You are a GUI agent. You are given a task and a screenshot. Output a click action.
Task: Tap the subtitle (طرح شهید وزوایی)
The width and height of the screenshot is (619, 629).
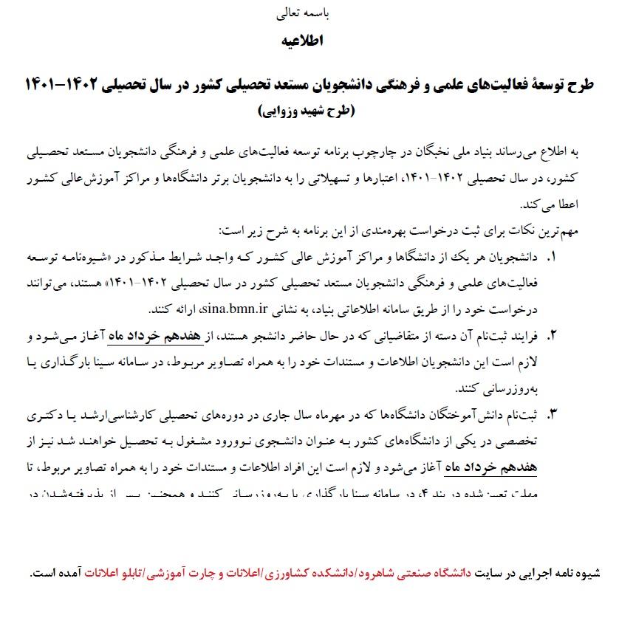coord(306,111)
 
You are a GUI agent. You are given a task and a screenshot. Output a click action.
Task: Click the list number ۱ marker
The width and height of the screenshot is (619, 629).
coord(550,258)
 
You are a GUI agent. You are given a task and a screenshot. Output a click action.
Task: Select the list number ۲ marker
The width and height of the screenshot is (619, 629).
coord(550,337)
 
